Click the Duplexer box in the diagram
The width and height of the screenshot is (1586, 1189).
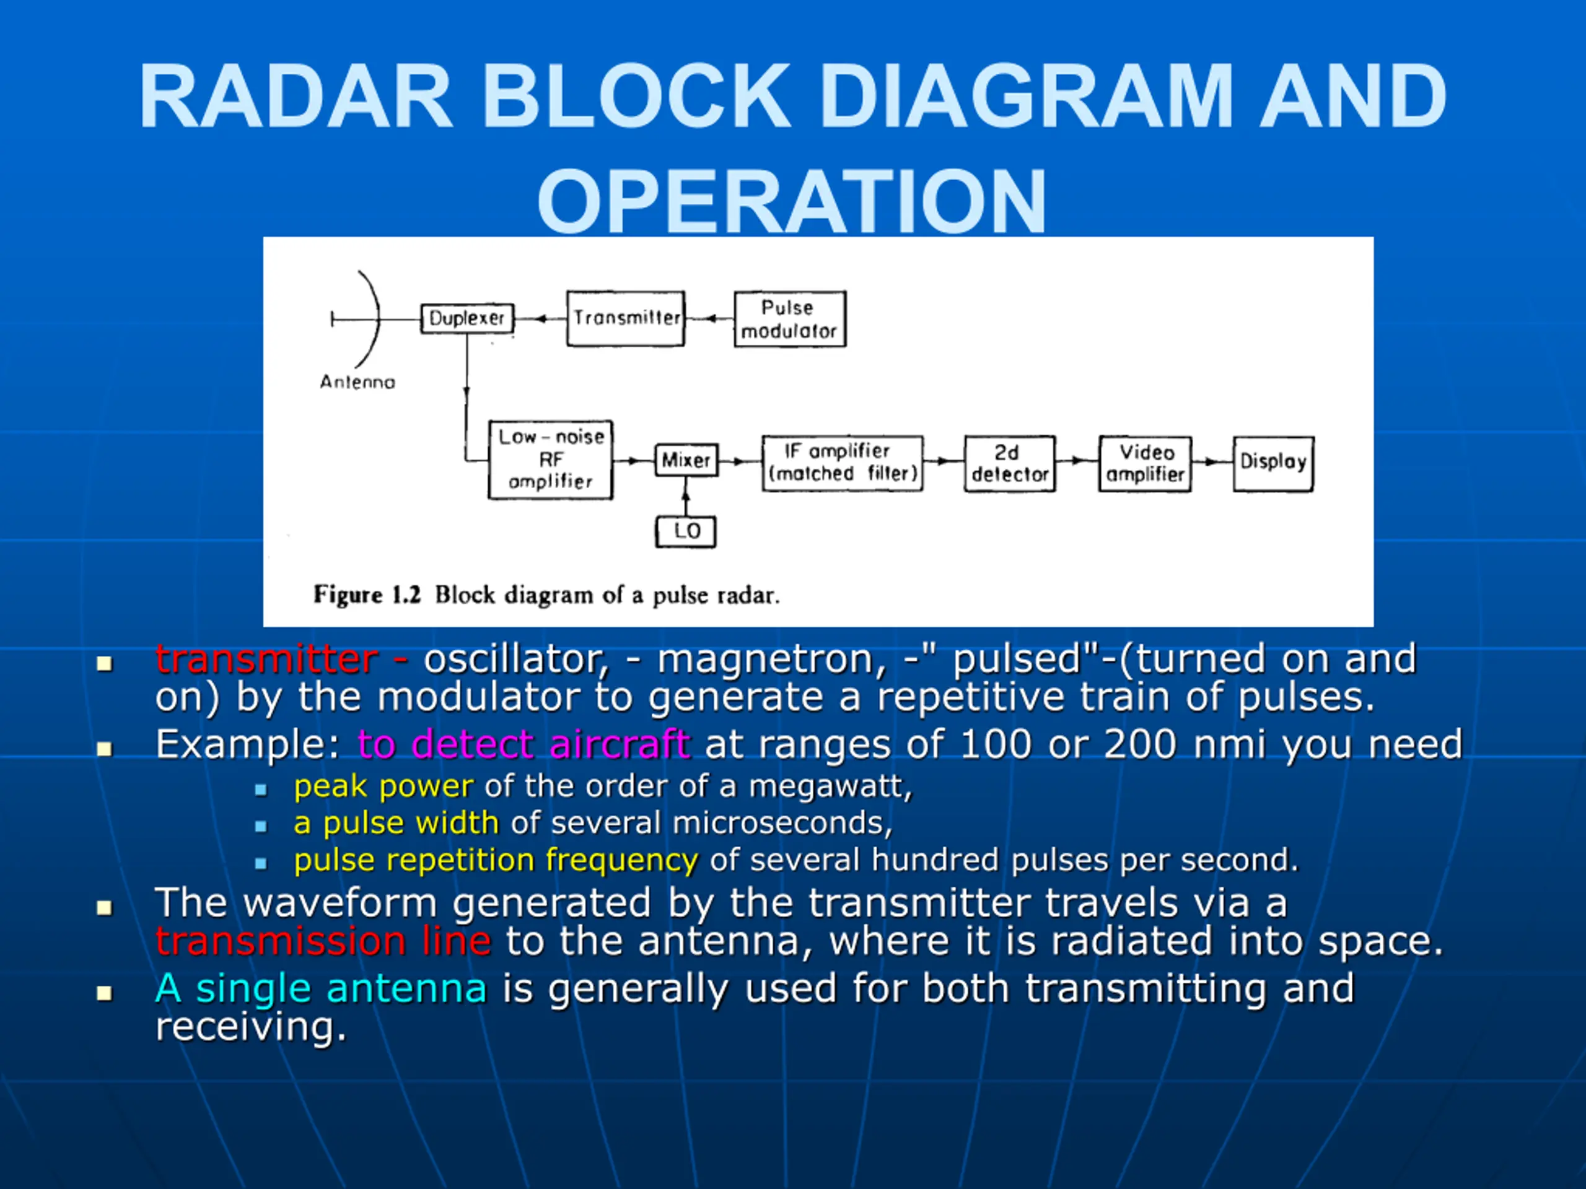point(467,318)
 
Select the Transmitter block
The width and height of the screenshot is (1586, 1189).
point(626,318)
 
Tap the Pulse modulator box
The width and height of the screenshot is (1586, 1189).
point(789,319)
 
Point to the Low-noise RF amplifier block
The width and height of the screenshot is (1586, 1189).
point(550,459)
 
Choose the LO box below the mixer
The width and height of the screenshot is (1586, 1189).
point(686,532)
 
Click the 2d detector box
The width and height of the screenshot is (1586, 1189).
point(1010,464)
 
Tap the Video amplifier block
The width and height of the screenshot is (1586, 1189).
point(1145,464)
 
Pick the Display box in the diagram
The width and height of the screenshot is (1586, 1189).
point(1273,464)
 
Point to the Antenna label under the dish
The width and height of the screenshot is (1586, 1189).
point(357,382)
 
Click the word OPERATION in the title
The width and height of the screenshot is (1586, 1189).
point(792,201)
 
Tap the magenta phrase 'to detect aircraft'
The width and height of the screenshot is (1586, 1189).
point(524,744)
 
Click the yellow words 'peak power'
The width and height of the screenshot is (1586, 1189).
point(383,787)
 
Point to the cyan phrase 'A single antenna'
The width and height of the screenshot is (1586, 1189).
point(321,988)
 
